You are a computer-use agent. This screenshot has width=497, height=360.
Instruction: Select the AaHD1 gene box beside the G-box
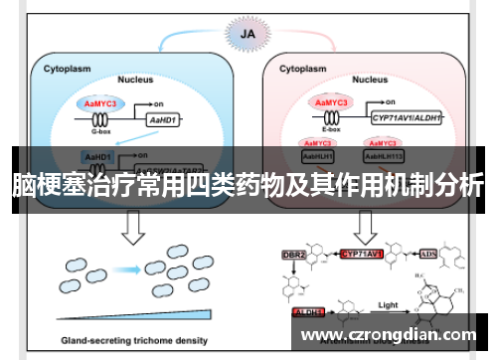(162, 118)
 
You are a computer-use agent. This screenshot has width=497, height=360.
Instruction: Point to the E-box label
(330, 129)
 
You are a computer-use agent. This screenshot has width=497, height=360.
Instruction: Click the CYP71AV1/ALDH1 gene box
(408, 117)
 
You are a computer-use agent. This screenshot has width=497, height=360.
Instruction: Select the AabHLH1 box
(318, 156)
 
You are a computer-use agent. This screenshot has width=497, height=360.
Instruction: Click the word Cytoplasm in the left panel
(67, 71)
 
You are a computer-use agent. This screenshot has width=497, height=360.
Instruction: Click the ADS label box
(427, 255)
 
